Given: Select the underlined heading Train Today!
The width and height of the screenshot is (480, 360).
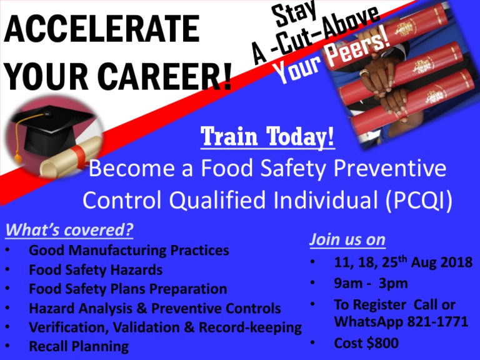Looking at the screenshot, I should pyautogui.click(x=268, y=137).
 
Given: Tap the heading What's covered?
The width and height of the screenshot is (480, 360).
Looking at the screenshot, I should pyautogui.click(x=69, y=230).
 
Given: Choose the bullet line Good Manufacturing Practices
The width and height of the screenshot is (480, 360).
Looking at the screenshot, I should pyautogui.click(x=129, y=251).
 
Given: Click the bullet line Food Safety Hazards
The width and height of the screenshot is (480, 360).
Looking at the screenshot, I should pyautogui.click(x=96, y=270).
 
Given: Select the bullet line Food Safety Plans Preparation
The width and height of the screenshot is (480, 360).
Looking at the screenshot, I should pyautogui.click(x=128, y=289).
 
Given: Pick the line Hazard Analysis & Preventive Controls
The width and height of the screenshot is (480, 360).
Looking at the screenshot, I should pyautogui.click(x=155, y=308).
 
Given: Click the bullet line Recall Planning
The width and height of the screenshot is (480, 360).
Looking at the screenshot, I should pyautogui.click(x=79, y=346).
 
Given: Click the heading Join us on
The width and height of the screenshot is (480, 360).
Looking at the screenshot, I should pyautogui.click(x=347, y=239).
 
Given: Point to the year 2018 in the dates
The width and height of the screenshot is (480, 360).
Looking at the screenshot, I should pyautogui.click(x=454, y=262).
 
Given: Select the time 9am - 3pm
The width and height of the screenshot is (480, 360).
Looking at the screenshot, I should pyautogui.click(x=371, y=283).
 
